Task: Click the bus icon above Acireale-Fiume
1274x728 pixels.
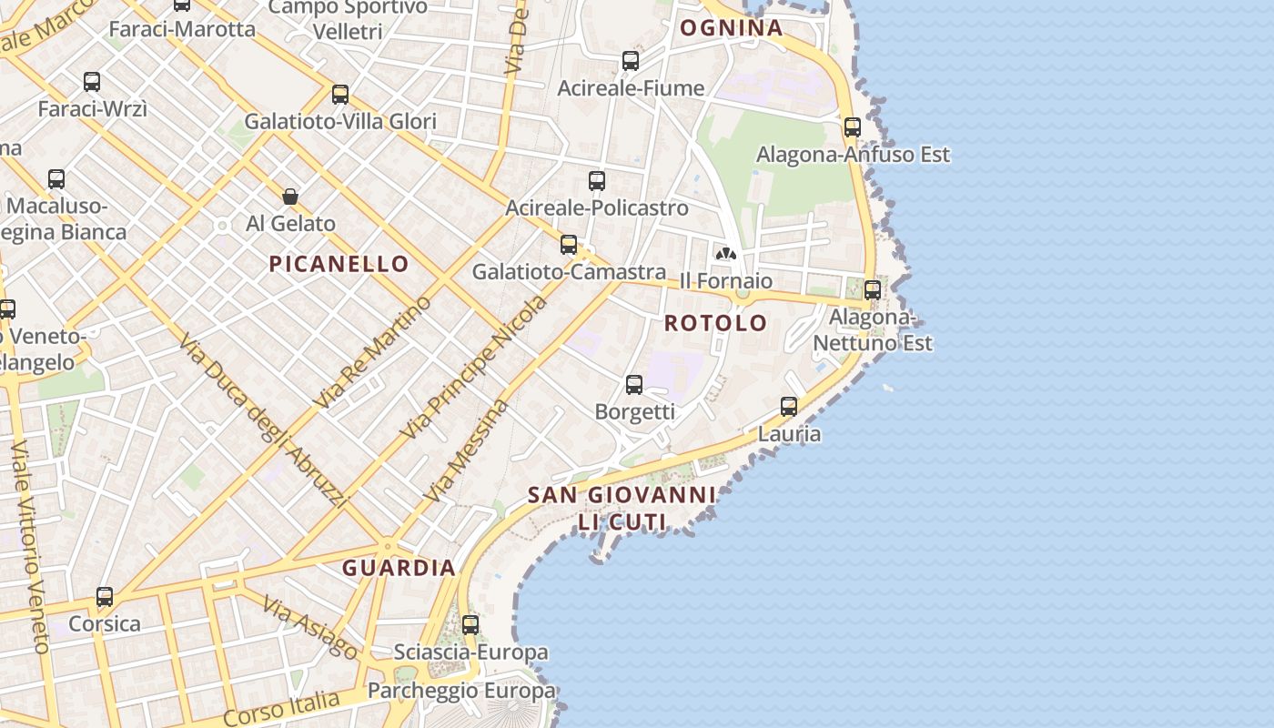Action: pyautogui.click(x=631, y=61)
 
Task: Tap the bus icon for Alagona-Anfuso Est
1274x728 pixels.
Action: pyautogui.click(x=853, y=127)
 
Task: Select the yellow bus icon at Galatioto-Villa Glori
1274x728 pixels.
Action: pyautogui.click(x=340, y=95)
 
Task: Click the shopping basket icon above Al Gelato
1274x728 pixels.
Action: pyautogui.click(x=290, y=196)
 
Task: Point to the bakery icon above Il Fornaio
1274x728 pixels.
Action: pyautogui.click(x=726, y=254)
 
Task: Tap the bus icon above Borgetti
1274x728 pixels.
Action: pyautogui.click(x=634, y=385)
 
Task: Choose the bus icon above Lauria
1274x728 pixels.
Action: pyautogui.click(x=789, y=407)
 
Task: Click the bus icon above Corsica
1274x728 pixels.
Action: pyautogui.click(x=105, y=598)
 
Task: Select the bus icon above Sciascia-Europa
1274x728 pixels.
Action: pyautogui.click(x=470, y=625)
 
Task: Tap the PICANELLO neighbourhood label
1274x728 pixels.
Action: pyautogui.click(x=339, y=264)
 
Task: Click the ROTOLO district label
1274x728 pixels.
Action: pyautogui.click(x=715, y=323)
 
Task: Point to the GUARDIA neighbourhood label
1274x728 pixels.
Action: pyautogui.click(x=399, y=568)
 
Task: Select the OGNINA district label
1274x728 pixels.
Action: pyautogui.click(x=732, y=27)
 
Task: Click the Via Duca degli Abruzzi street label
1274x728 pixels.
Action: pyautogui.click(x=264, y=420)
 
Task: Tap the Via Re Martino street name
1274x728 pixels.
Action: pyautogui.click(x=372, y=351)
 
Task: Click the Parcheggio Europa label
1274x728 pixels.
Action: pyautogui.click(x=461, y=691)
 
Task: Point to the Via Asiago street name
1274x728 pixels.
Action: pyautogui.click(x=310, y=626)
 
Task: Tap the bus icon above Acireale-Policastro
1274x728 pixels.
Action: pyautogui.click(x=597, y=181)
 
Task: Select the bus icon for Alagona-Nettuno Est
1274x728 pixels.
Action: pyautogui.click(x=873, y=290)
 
